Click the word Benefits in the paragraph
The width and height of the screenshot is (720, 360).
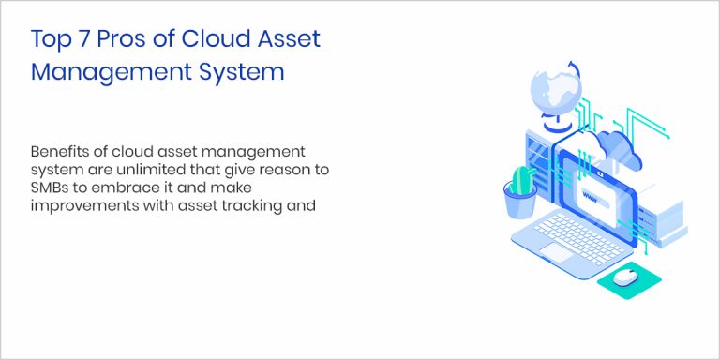click(61, 151)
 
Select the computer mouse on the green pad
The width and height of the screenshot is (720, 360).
click(625, 277)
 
